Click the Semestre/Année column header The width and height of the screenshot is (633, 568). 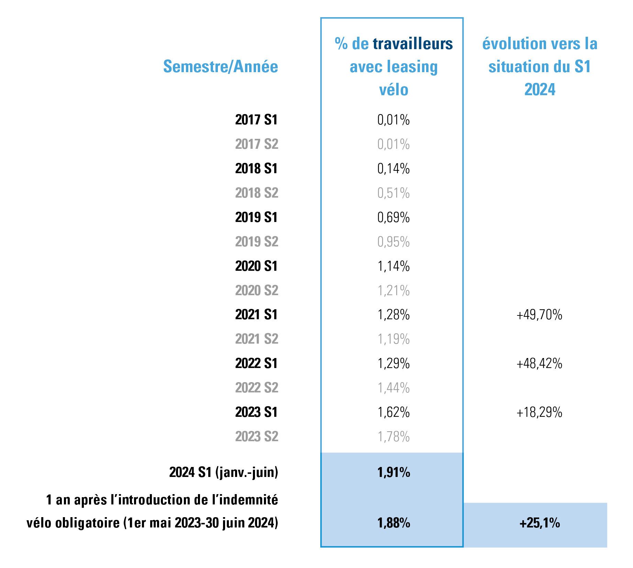coord(220,66)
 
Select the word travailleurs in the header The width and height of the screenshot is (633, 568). coord(413,44)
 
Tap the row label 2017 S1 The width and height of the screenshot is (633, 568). coord(256,120)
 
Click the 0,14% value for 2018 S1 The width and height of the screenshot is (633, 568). coord(393,168)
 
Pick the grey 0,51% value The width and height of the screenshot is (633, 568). coord(393,193)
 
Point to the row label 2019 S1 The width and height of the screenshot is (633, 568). coord(256,217)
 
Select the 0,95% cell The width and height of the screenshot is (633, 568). coord(393,242)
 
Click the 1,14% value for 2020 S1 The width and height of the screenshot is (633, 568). coord(393,266)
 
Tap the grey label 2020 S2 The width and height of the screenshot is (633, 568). coord(257,290)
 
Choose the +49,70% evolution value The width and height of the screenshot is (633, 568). coord(539,315)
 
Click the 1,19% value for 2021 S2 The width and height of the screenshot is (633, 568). coord(393,339)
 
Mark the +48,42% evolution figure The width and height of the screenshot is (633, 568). coord(539,364)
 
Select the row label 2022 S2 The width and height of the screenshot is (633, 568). coord(257,388)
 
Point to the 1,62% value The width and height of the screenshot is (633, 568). coord(393,412)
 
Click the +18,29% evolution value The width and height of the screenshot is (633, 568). coord(539,412)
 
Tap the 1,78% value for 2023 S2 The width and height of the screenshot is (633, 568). coord(393,436)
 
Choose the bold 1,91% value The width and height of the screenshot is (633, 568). coord(393,472)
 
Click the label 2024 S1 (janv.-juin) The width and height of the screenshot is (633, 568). coord(223,472)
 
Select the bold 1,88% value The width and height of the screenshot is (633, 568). coord(393,523)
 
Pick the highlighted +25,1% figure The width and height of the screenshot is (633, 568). coord(540,523)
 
